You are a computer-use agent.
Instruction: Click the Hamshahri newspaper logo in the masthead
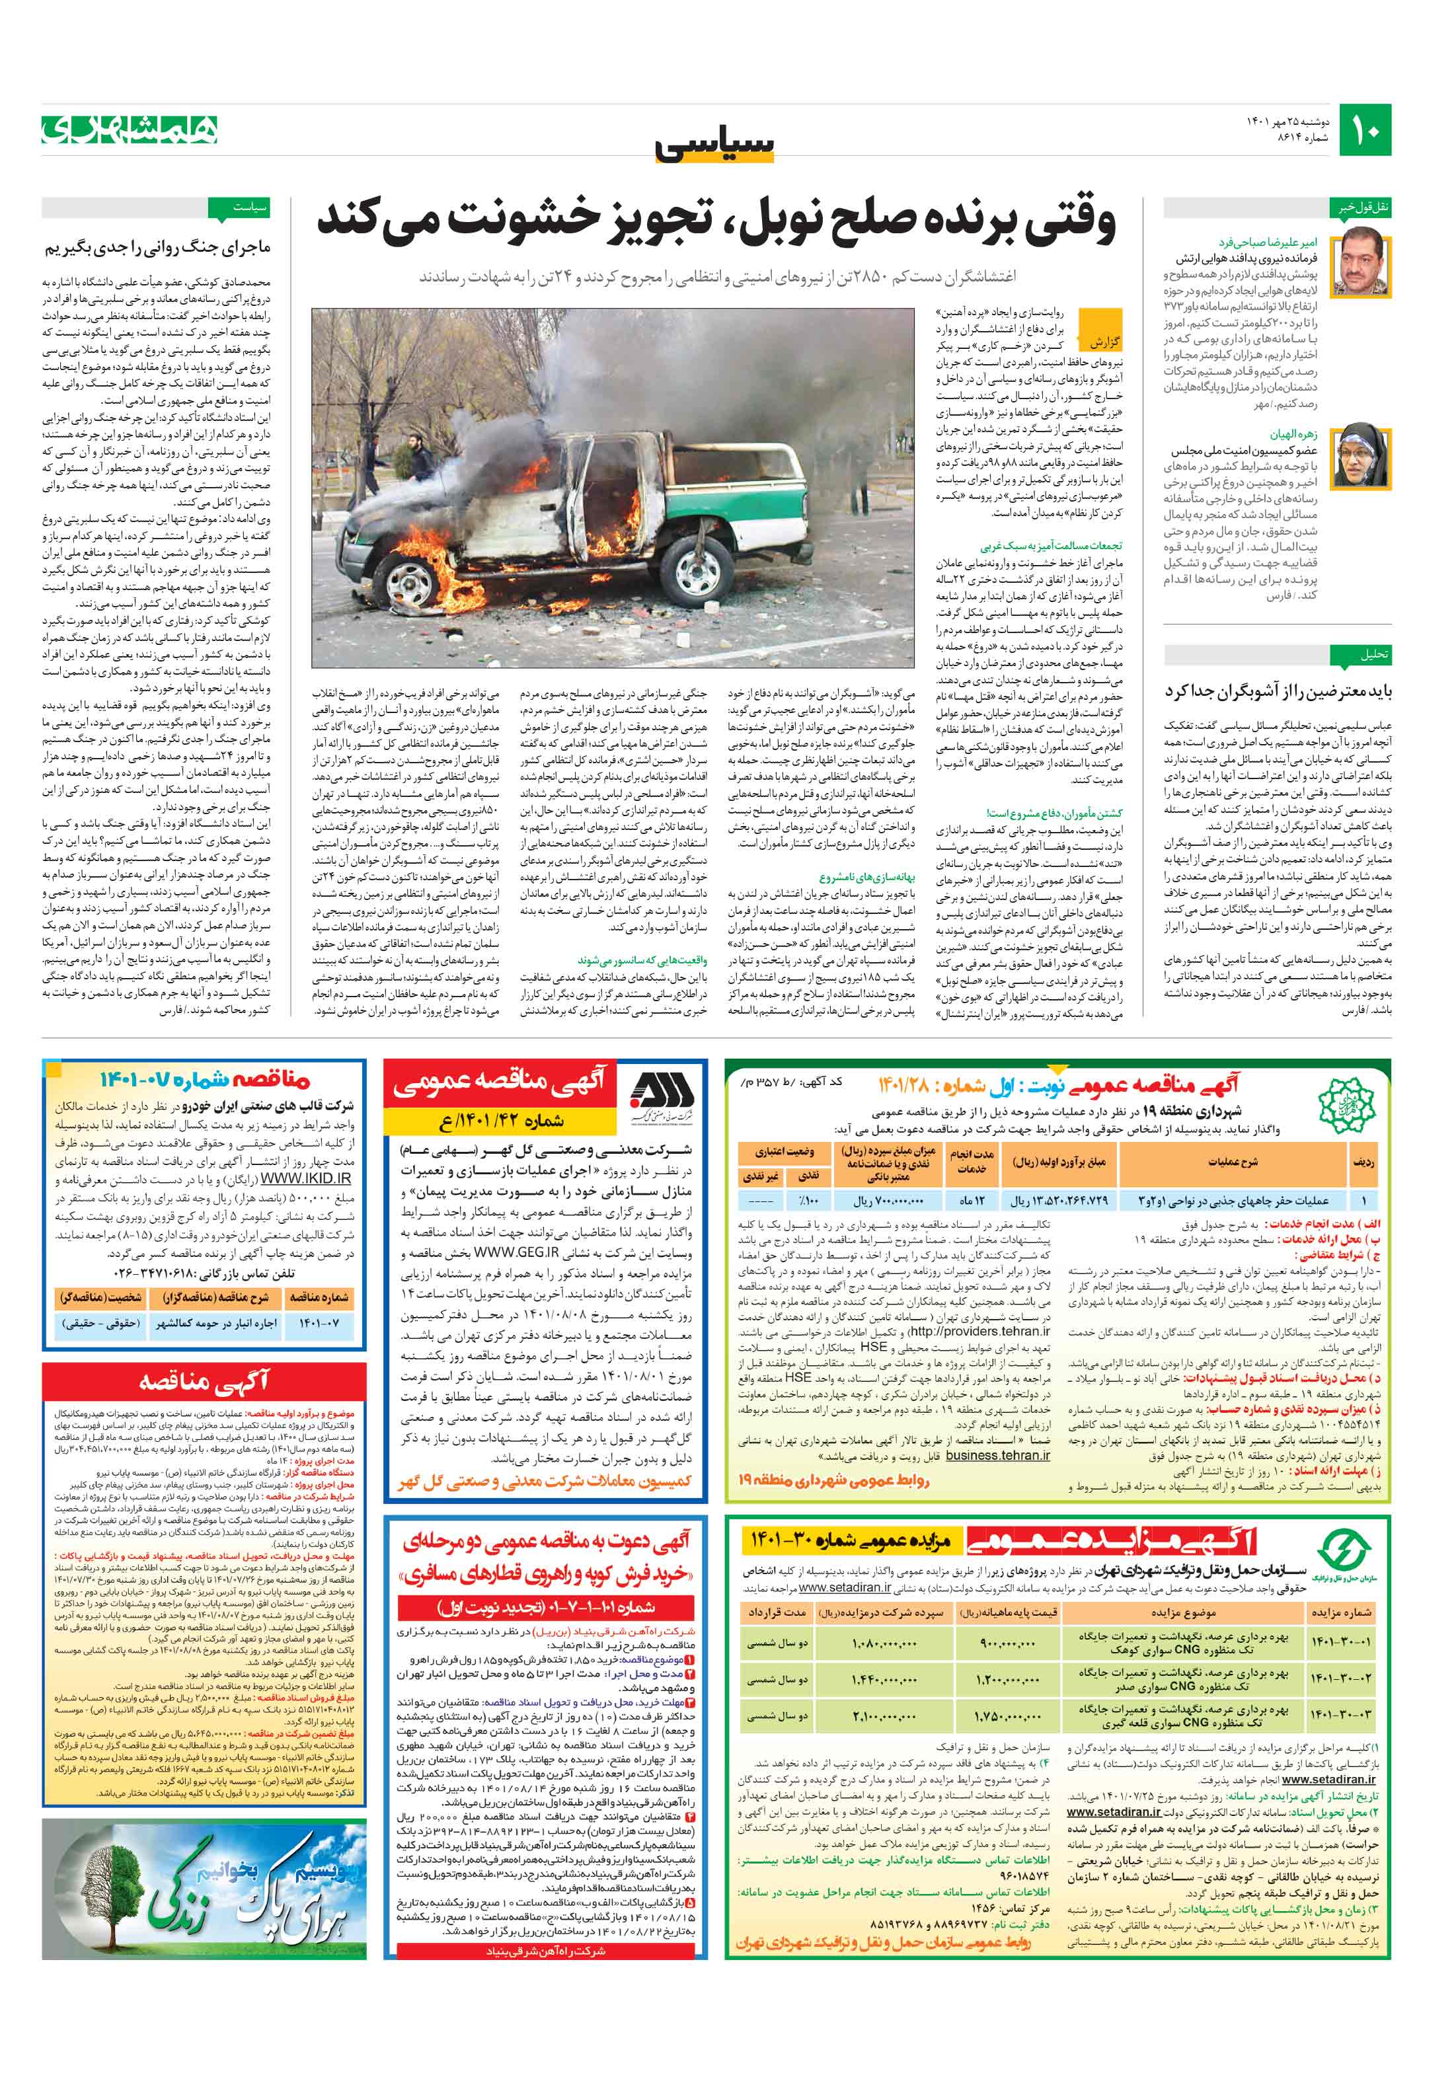click(x=130, y=130)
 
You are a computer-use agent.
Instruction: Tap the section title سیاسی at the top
click(x=715, y=145)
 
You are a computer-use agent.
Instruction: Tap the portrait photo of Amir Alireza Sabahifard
click(x=1361, y=262)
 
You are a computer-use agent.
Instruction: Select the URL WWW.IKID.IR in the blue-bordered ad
click(x=305, y=1179)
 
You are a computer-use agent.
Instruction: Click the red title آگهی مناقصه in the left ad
click(x=204, y=1381)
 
